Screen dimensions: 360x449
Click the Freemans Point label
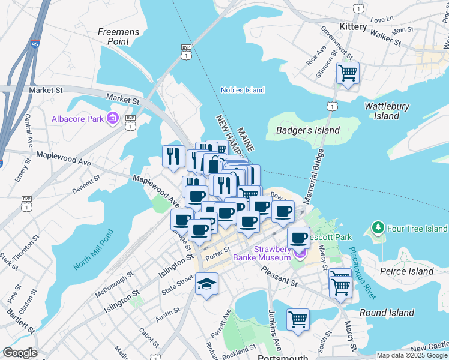coord(113,37)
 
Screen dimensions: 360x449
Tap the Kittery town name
coord(352,27)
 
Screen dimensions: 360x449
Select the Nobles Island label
coord(243,90)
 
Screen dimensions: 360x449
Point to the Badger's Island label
coord(307,130)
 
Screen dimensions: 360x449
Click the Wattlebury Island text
coord(387,111)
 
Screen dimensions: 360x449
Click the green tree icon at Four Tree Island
coord(378,229)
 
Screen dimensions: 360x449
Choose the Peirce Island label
coord(414,271)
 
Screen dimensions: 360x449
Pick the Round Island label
coord(387,313)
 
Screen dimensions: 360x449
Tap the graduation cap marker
coord(206,284)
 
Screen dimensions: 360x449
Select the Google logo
coord(19,353)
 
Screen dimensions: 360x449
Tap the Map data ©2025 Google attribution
coord(411,355)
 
